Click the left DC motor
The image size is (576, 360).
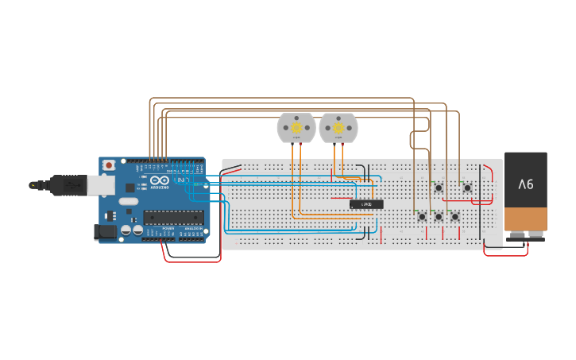pos(296,128)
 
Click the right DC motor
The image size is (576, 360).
pos(338,128)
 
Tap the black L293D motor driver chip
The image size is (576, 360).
pos(367,204)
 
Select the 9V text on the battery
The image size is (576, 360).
pos(526,184)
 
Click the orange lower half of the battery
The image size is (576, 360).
pos(526,218)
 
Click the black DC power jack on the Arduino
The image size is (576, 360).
pos(103,231)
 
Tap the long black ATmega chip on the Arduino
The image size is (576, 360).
pos(173,217)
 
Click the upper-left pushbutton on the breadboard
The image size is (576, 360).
pos(439,188)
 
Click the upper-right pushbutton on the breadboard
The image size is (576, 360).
pos(467,188)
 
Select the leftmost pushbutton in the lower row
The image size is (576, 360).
pos(422,216)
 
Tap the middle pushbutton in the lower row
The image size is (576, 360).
pos(439,216)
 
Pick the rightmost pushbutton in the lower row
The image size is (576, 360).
pos(455,216)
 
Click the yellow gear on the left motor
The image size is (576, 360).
pos(296,126)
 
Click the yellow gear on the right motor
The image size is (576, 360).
pos(338,126)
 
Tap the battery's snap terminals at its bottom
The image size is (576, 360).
pos(526,235)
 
